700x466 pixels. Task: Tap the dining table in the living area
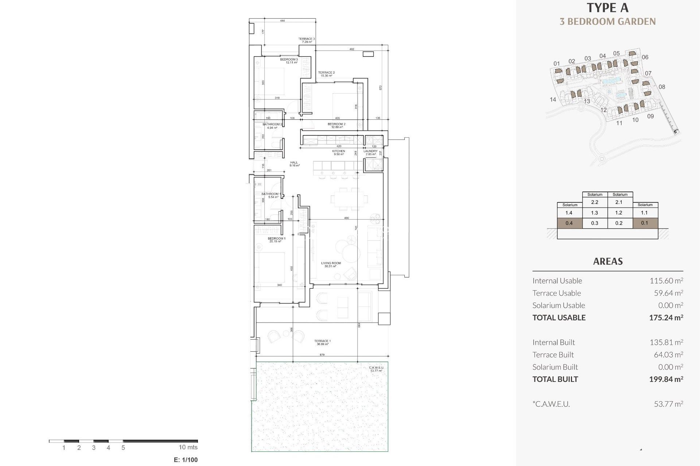(x=349, y=199)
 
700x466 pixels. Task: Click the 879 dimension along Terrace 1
(x=322, y=355)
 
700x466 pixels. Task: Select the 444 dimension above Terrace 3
(x=282, y=21)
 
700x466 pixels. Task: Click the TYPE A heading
(x=607, y=8)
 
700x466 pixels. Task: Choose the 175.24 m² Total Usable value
(x=666, y=317)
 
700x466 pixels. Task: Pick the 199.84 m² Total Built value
(x=666, y=379)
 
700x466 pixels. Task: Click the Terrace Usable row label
(x=556, y=293)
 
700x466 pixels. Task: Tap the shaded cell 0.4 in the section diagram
(x=569, y=223)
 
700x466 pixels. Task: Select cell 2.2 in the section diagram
(x=595, y=202)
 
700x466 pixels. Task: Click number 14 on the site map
(x=553, y=99)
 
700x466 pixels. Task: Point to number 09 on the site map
(x=650, y=116)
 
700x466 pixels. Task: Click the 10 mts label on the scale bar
(x=188, y=447)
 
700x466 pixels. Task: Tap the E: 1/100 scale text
(x=186, y=460)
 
